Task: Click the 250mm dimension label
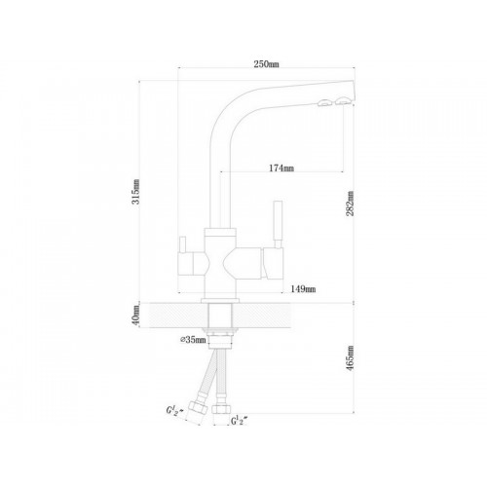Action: point(266,64)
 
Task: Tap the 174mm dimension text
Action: point(281,168)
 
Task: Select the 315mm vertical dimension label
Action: point(135,192)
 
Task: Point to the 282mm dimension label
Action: point(350,204)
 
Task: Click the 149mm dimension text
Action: point(303,288)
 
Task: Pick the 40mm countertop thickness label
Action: point(136,316)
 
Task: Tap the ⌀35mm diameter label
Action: point(193,340)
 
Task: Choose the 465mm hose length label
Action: point(350,358)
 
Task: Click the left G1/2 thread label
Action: point(174,410)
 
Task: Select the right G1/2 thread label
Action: point(240,421)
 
